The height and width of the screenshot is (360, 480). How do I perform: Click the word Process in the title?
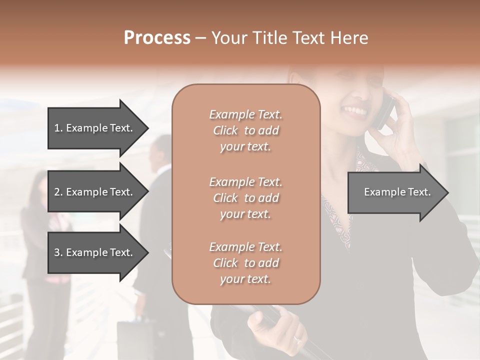(157, 38)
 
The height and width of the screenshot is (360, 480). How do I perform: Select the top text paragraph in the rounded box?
(245, 130)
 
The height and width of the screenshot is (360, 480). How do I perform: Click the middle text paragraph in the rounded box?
(245, 198)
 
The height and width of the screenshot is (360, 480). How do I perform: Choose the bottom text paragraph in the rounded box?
(245, 263)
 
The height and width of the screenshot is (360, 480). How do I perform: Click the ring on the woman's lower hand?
(298, 339)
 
